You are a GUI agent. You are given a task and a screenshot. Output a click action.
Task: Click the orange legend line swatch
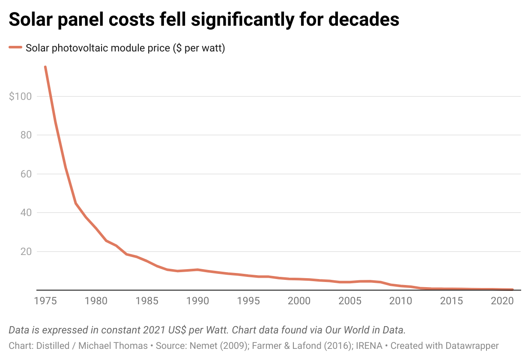[x=15, y=48]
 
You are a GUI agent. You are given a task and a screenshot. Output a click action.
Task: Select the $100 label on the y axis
[x=20, y=96]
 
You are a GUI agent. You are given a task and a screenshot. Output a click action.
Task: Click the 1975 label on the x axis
[x=45, y=301]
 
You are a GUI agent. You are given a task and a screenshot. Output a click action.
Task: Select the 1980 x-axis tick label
[x=96, y=301]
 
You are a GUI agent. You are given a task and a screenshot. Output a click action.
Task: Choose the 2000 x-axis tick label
[x=298, y=301]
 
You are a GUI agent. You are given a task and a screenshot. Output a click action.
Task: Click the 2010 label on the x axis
[x=400, y=301]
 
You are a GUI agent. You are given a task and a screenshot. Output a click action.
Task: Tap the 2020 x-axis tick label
[x=501, y=301]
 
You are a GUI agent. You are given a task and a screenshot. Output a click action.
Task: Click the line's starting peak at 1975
[x=45, y=67]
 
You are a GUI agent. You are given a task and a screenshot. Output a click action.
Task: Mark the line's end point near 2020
[x=512, y=290]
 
